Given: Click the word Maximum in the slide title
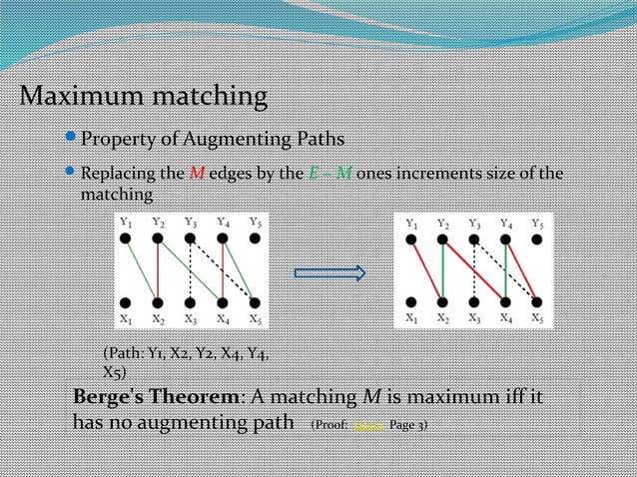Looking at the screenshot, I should (80, 98).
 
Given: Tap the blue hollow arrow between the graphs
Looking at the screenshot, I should (329, 272).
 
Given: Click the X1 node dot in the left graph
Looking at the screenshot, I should (126, 302).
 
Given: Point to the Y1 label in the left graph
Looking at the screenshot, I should (125, 222).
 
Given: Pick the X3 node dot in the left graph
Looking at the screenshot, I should (190, 302).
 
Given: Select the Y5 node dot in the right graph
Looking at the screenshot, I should (539, 239).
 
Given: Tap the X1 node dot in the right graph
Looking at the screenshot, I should (410, 302).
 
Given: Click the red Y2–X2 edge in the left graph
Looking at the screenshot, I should (158, 271).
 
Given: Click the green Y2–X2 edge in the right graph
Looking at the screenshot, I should (442, 271).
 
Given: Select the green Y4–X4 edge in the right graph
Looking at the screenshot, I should (507, 271).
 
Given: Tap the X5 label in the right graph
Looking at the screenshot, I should (538, 319).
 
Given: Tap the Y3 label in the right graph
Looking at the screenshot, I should (474, 223).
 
